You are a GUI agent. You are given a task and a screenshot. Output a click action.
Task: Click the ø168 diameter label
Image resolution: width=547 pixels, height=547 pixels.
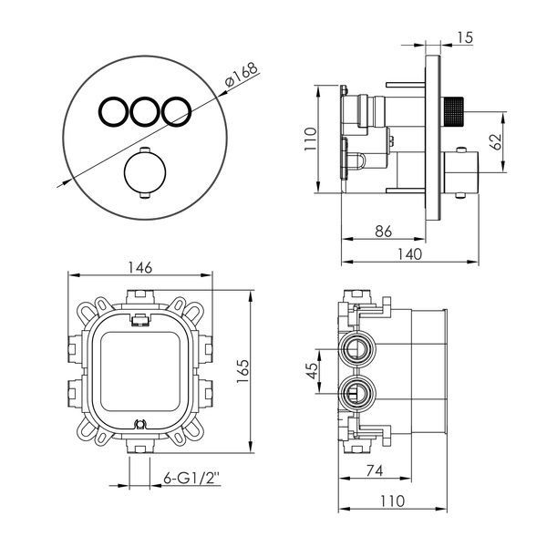(241, 75)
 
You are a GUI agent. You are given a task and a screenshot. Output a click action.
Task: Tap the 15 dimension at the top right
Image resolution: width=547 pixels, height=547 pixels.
(465, 37)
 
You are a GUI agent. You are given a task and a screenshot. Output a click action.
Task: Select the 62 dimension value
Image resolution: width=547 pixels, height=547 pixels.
(495, 141)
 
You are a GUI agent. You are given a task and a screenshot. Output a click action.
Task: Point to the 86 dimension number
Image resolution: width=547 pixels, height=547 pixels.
(383, 231)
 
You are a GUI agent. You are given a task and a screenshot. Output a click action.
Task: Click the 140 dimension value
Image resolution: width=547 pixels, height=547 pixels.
(410, 253)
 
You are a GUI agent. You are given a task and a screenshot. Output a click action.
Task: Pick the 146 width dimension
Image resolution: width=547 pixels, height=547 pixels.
(140, 267)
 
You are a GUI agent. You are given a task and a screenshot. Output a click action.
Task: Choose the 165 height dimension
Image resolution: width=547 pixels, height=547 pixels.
(243, 371)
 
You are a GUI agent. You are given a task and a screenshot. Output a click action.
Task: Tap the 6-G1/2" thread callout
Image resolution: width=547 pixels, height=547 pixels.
(191, 478)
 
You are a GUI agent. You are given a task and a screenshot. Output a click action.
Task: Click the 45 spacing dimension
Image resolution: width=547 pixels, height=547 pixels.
(312, 370)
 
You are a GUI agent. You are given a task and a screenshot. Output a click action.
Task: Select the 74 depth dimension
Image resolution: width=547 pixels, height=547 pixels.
(375, 470)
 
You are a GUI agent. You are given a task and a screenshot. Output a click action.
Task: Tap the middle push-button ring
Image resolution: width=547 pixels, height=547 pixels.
(144, 111)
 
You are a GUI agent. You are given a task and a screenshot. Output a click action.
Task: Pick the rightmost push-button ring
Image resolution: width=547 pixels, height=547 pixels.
(177, 111)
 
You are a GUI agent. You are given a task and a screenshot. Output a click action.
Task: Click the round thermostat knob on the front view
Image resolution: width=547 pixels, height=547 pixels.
(145, 172)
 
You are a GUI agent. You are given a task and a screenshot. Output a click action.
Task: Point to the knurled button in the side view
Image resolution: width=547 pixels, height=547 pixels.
(452, 112)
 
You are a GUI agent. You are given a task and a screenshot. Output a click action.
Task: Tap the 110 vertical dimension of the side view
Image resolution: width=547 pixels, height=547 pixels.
(310, 139)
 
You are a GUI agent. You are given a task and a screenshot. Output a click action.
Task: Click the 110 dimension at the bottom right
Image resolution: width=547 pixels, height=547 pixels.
(392, 501)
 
